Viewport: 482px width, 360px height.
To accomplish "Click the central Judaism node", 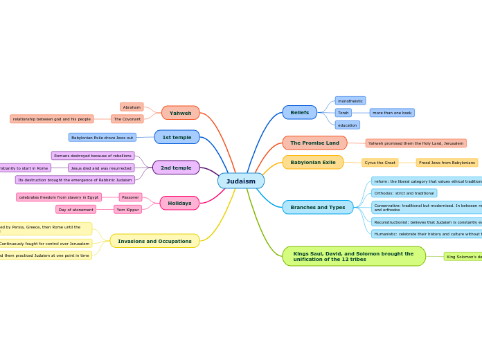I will pyautogui.click(x=240, y=181).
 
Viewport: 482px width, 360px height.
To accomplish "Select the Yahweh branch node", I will pyautogui.click(x=180, y=113).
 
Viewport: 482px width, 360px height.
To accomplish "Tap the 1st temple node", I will pyautogui.click(x=177, y=137).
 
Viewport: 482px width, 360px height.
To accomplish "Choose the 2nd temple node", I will pyautogui.click(x=176, y=168).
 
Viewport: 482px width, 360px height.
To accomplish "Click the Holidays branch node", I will pyautogui.click(x=179, y=203).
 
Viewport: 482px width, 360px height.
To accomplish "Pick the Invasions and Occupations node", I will pyautogui.click(x=154, y=241).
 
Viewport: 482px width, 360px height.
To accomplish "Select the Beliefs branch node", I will pyautogui.click(x=299, y=112).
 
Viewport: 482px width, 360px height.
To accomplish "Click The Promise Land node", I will pyautogui.click(x=314, y=143).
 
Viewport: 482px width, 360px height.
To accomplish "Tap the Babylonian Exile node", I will pyautogui.click(x=312, y=162).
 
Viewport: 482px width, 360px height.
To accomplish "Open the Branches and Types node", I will pyautogui.click(x=317, y=207).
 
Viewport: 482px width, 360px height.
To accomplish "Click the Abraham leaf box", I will pyautogui.click(x=132, y=107).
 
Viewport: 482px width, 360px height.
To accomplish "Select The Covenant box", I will pyautogui.click(x=127, y=119).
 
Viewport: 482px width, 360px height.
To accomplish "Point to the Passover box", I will pyautogui.click(x=130, y=197).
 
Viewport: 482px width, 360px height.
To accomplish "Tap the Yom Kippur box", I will pyautogui.click(x=127, y=209).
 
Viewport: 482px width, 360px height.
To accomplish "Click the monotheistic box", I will pyautogui.click(x=350, y=100).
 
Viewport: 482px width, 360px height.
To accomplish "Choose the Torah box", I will pyautogui.click(x=343, y=113).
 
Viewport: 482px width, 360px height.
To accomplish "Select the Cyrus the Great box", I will pyautogui.click(x=380, y=163).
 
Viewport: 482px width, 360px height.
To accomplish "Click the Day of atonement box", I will pyautogui.click(x=76, y=209).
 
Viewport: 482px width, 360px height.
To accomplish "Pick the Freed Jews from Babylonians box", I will pyautogui.click(x=447, y=163).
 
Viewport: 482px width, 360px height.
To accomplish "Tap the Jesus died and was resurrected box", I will pyautogui.click(x=101, y=168).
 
